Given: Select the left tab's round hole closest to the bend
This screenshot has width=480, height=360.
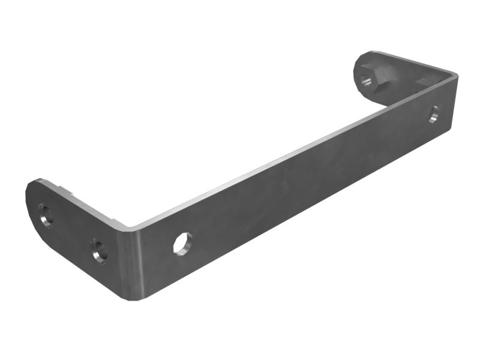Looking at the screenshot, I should (99, 250).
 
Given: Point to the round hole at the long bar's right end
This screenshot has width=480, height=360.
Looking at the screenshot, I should (434, 114).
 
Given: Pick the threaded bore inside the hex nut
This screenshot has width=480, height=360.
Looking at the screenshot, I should (365, 78).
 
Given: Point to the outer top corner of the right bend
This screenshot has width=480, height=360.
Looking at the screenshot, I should (455, 74).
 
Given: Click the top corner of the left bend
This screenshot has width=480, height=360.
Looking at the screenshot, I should (128, 228).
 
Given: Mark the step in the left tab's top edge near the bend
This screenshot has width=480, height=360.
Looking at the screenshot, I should (74, 194).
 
